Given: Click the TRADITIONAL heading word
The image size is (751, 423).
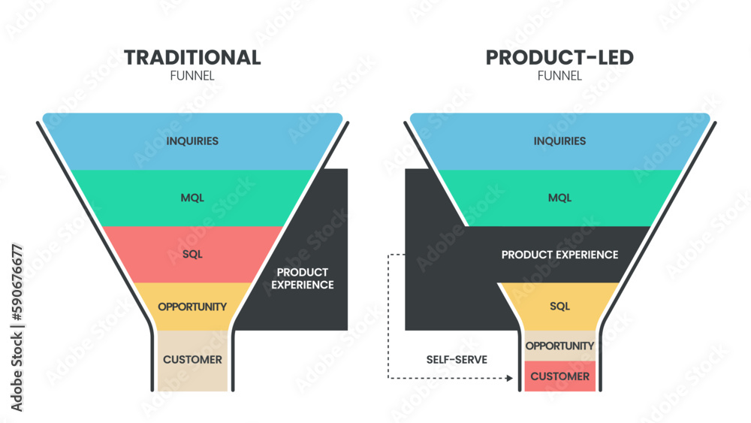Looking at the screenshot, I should pos(192,58).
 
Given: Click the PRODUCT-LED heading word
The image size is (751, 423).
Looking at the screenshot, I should pos(559,58).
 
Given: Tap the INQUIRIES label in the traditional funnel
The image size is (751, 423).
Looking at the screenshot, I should pos(192,141).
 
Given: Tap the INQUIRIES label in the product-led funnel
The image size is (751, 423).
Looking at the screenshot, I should pos(559,141).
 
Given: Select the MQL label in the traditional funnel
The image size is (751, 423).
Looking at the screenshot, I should pos(192,198).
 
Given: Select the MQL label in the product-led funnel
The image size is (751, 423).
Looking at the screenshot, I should pos(559,198).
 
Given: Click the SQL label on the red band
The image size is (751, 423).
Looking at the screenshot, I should pos(192,254).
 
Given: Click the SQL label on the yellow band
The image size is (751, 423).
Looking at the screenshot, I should pos(559,307).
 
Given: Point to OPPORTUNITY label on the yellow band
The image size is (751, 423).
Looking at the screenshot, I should pos(192,307).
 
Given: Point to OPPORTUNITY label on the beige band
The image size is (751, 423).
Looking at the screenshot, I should pos(559,346).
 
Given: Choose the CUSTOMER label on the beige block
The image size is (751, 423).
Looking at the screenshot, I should pos(192,360).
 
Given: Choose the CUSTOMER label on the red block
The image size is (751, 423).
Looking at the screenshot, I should pos(559,376).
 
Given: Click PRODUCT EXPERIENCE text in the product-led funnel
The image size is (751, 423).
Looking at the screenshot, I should pos(559,255).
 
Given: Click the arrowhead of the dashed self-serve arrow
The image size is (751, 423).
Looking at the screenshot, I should pos(511,378).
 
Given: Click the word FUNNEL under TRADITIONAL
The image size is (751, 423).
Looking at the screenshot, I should pos(192,76).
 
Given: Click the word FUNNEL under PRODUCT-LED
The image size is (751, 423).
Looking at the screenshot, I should pos(559,76).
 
